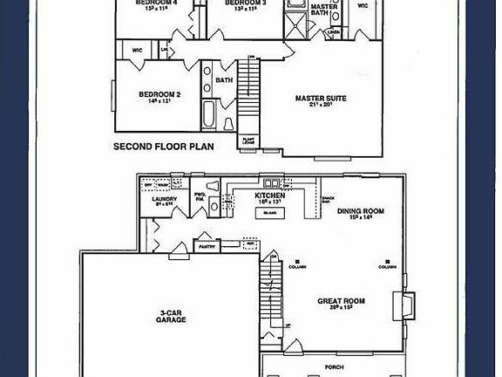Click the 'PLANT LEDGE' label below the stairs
[x=249, y=138]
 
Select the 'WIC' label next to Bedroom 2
[x=137, y=50]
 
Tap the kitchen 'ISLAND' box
[x=270, y=212]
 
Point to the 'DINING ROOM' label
[x=361, y=212]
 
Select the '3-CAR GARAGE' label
[x=172, y=316]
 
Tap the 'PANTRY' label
[x=207, y=248]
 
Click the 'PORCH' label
[x=334, y=367]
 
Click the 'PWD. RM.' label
[x=200, y=197]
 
